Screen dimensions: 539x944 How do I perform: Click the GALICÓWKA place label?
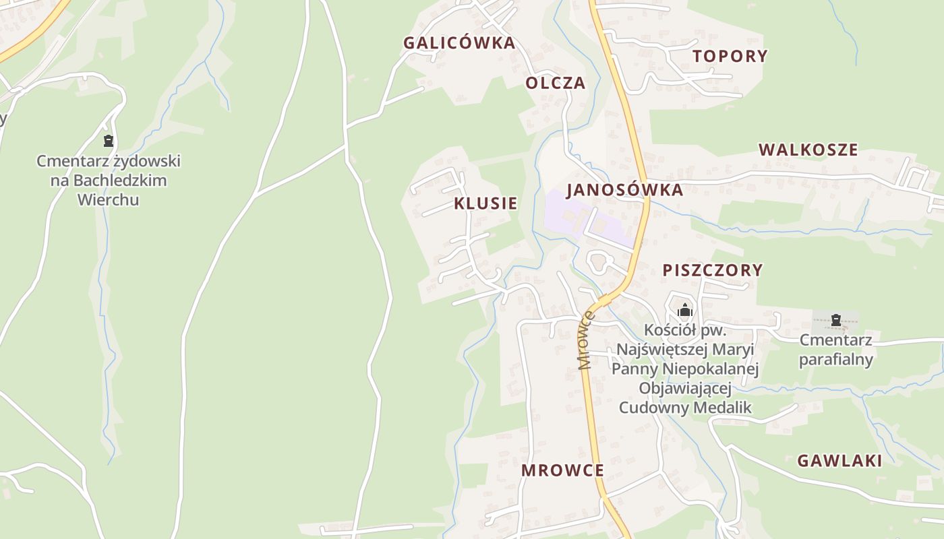click(x=459, y=43)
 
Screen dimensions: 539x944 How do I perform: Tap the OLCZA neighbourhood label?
click(x=555, y=84)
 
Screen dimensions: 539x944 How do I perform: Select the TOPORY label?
click(x=730, y=56)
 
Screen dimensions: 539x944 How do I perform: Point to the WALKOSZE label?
click(x=808, y=150)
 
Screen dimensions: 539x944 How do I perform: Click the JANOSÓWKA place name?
click(x=625, y=190)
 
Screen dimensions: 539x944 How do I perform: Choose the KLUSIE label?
click(x=485, y=203)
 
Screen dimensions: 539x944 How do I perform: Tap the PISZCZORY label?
click(x=713, y=270)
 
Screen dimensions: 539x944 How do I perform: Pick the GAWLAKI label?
click(x=839, y=461)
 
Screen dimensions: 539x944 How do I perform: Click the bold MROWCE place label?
click(x=562, y=470)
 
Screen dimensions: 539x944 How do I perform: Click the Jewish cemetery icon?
click(x=108, y=141)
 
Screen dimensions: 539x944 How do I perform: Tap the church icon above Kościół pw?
click(x=685, y=310)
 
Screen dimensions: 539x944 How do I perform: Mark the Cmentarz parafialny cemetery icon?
click(x=836, y=319)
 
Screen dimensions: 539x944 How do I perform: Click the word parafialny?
click(x=836, y=359)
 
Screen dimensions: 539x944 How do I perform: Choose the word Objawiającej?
click(x=686, y=389)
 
